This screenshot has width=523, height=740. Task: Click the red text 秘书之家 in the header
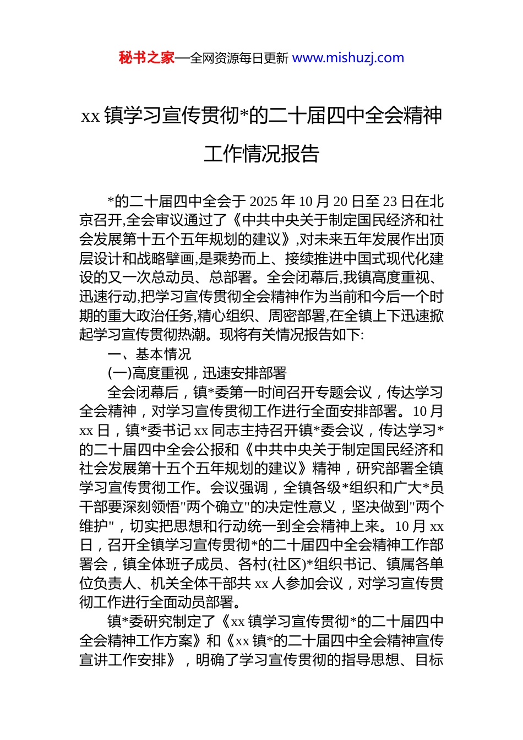pos(146,58)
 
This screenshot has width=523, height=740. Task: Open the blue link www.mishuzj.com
pos(348,58)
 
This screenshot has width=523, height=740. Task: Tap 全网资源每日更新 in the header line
pos(238,58)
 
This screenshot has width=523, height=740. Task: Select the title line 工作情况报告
pos(261,154)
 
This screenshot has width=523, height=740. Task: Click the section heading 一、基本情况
pos(150,354)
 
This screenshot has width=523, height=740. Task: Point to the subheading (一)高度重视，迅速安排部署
pos(197,373)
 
